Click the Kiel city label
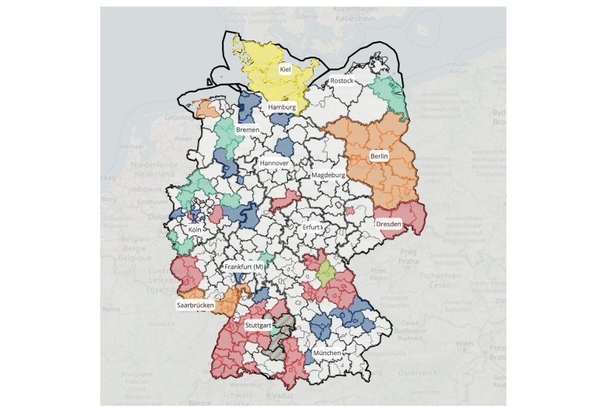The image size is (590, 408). pos(285,69)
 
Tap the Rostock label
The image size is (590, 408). pos(342,81)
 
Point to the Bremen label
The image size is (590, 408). pos(248,129)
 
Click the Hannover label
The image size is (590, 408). pos(275,163)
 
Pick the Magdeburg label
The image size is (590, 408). pos(328,176)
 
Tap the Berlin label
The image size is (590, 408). pos(379,156)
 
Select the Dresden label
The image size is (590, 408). pos(388,225)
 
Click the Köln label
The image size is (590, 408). pos(195,230)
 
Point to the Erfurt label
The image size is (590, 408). pos(311,227)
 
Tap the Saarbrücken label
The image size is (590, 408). pos(196,305)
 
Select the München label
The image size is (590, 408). pos(327,353)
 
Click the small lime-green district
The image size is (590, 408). pos(326,272)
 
